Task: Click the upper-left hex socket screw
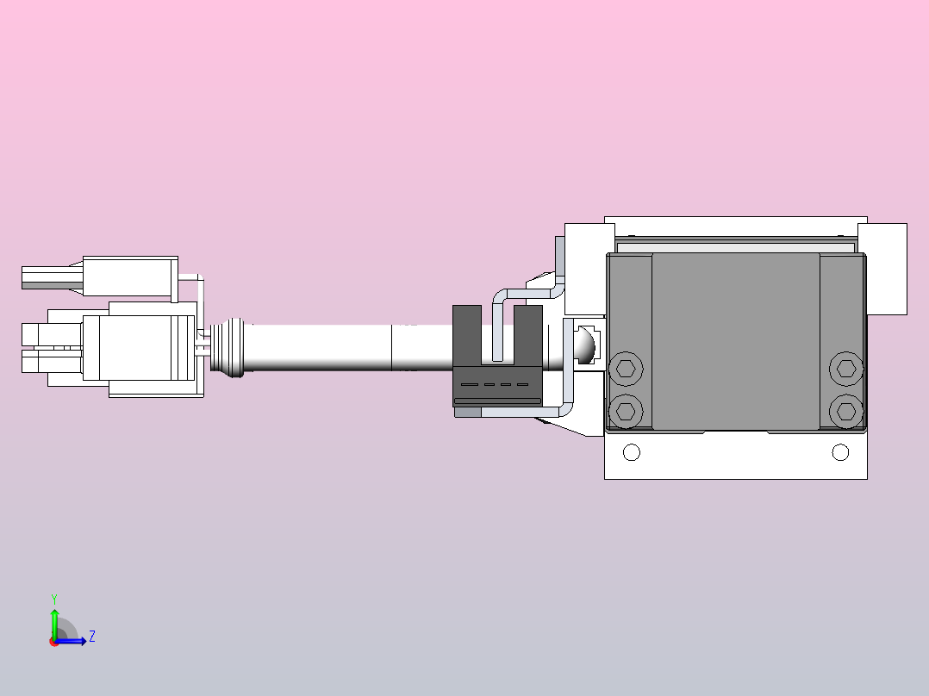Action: (x=626, y=370)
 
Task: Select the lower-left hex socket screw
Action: (x=626, y=410)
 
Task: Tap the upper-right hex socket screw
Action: (x=846, y=370)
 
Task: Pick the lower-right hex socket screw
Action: (x=846, y=410)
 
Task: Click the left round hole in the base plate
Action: (x=632, y=452)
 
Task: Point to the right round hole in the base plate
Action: (x=840, y=452)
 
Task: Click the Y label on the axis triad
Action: (x=54, y=598)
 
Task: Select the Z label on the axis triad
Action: (x=91, y=637)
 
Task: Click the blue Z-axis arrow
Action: (x=73, y=641)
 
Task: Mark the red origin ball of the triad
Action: (x=54, y=642)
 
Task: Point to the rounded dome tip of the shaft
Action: (x=586, y=345)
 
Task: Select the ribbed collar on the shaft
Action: (x=233, y=348)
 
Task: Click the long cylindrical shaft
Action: (x=327, y=348)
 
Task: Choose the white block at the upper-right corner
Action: (x=882, y=268)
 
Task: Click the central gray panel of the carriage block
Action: (x=735, y=341)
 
